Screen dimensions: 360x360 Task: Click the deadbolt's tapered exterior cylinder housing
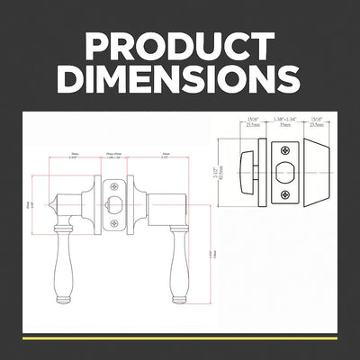tap(311, 172)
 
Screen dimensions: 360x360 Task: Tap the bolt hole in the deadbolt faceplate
tap(286, 171)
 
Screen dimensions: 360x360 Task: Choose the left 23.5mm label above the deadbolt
tap(253, 126)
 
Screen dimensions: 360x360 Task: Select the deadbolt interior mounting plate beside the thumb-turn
tap(262, 172)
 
